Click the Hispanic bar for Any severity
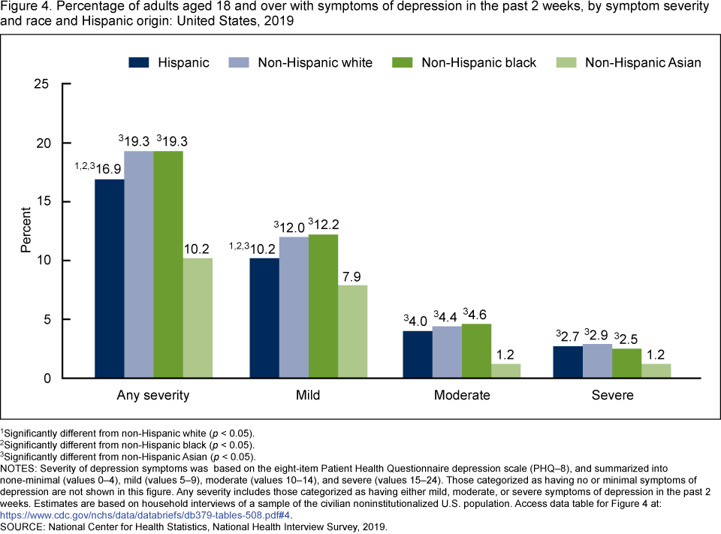point(110,278)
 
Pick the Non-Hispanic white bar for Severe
point(597,361)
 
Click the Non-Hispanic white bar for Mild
point(294,307)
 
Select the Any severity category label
point(153,395)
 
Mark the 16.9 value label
point(109,167)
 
